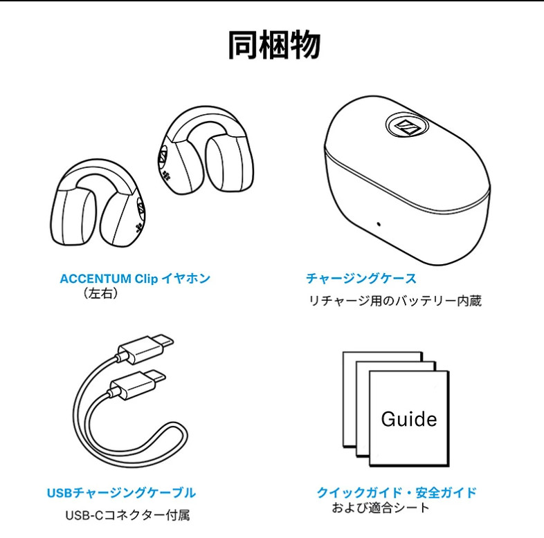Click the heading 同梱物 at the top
click(274, 46)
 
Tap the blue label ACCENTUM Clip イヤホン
click(135, 279)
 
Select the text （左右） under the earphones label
click(100, 294)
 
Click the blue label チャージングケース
click(361, 279)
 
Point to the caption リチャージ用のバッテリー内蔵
click(395, 301)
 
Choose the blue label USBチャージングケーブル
click(121, 493)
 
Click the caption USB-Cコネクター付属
click(127, 515)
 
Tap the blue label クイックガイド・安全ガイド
click(397, 492)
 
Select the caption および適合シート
click(381, 508)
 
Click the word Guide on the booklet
click(409, 419)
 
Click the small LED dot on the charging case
click(379, 224)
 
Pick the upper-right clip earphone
click(208, 150)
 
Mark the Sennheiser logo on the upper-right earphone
click(163, 156)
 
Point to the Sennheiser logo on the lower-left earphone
click(141, 208)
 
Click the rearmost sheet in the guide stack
click(382, 357)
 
